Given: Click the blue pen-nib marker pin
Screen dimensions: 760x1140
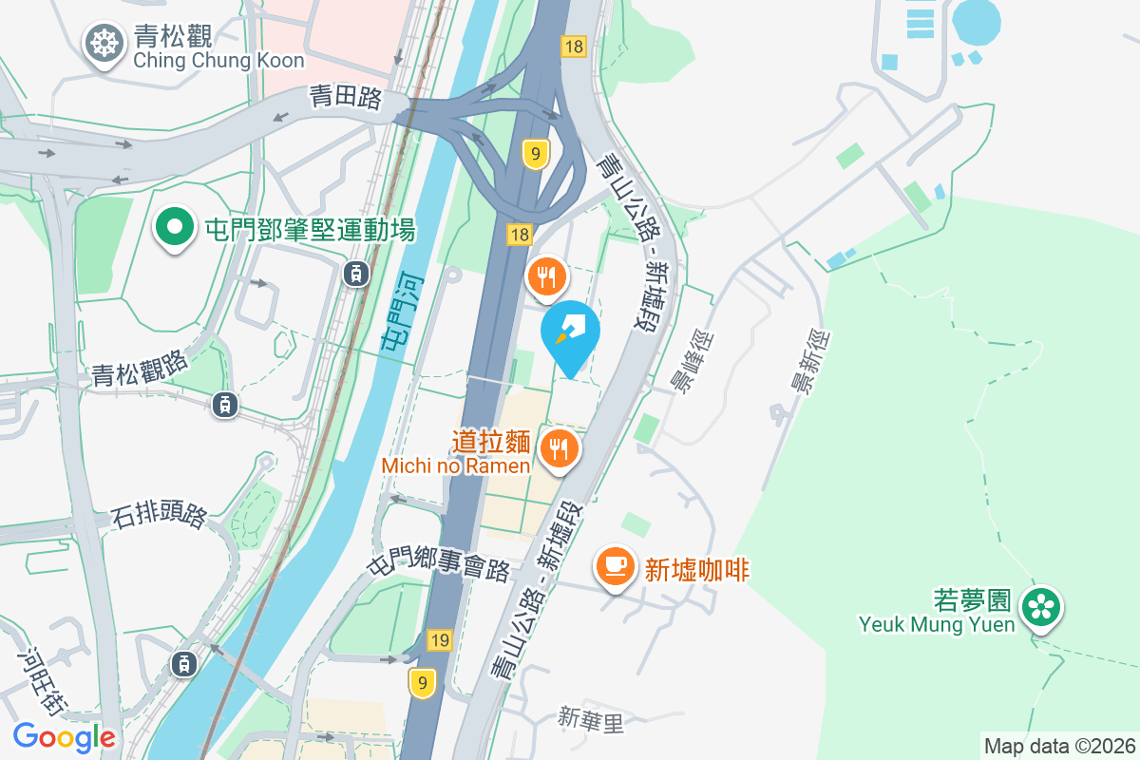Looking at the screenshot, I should point(571,332).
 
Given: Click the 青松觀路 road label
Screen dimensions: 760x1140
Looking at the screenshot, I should point(142,367).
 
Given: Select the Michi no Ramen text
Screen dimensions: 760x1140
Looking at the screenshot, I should point(456,465).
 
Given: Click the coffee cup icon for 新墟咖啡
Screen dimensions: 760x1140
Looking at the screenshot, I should point(615,566).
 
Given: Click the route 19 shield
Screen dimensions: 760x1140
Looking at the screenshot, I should point(438,640).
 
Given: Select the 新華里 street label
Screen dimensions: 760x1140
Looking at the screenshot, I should point(590,721).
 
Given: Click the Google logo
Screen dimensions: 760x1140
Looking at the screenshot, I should point(64,736).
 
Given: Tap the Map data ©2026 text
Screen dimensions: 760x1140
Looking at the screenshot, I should point(1059,746).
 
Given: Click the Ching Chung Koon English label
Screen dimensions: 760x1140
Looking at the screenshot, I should point(218,61).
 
